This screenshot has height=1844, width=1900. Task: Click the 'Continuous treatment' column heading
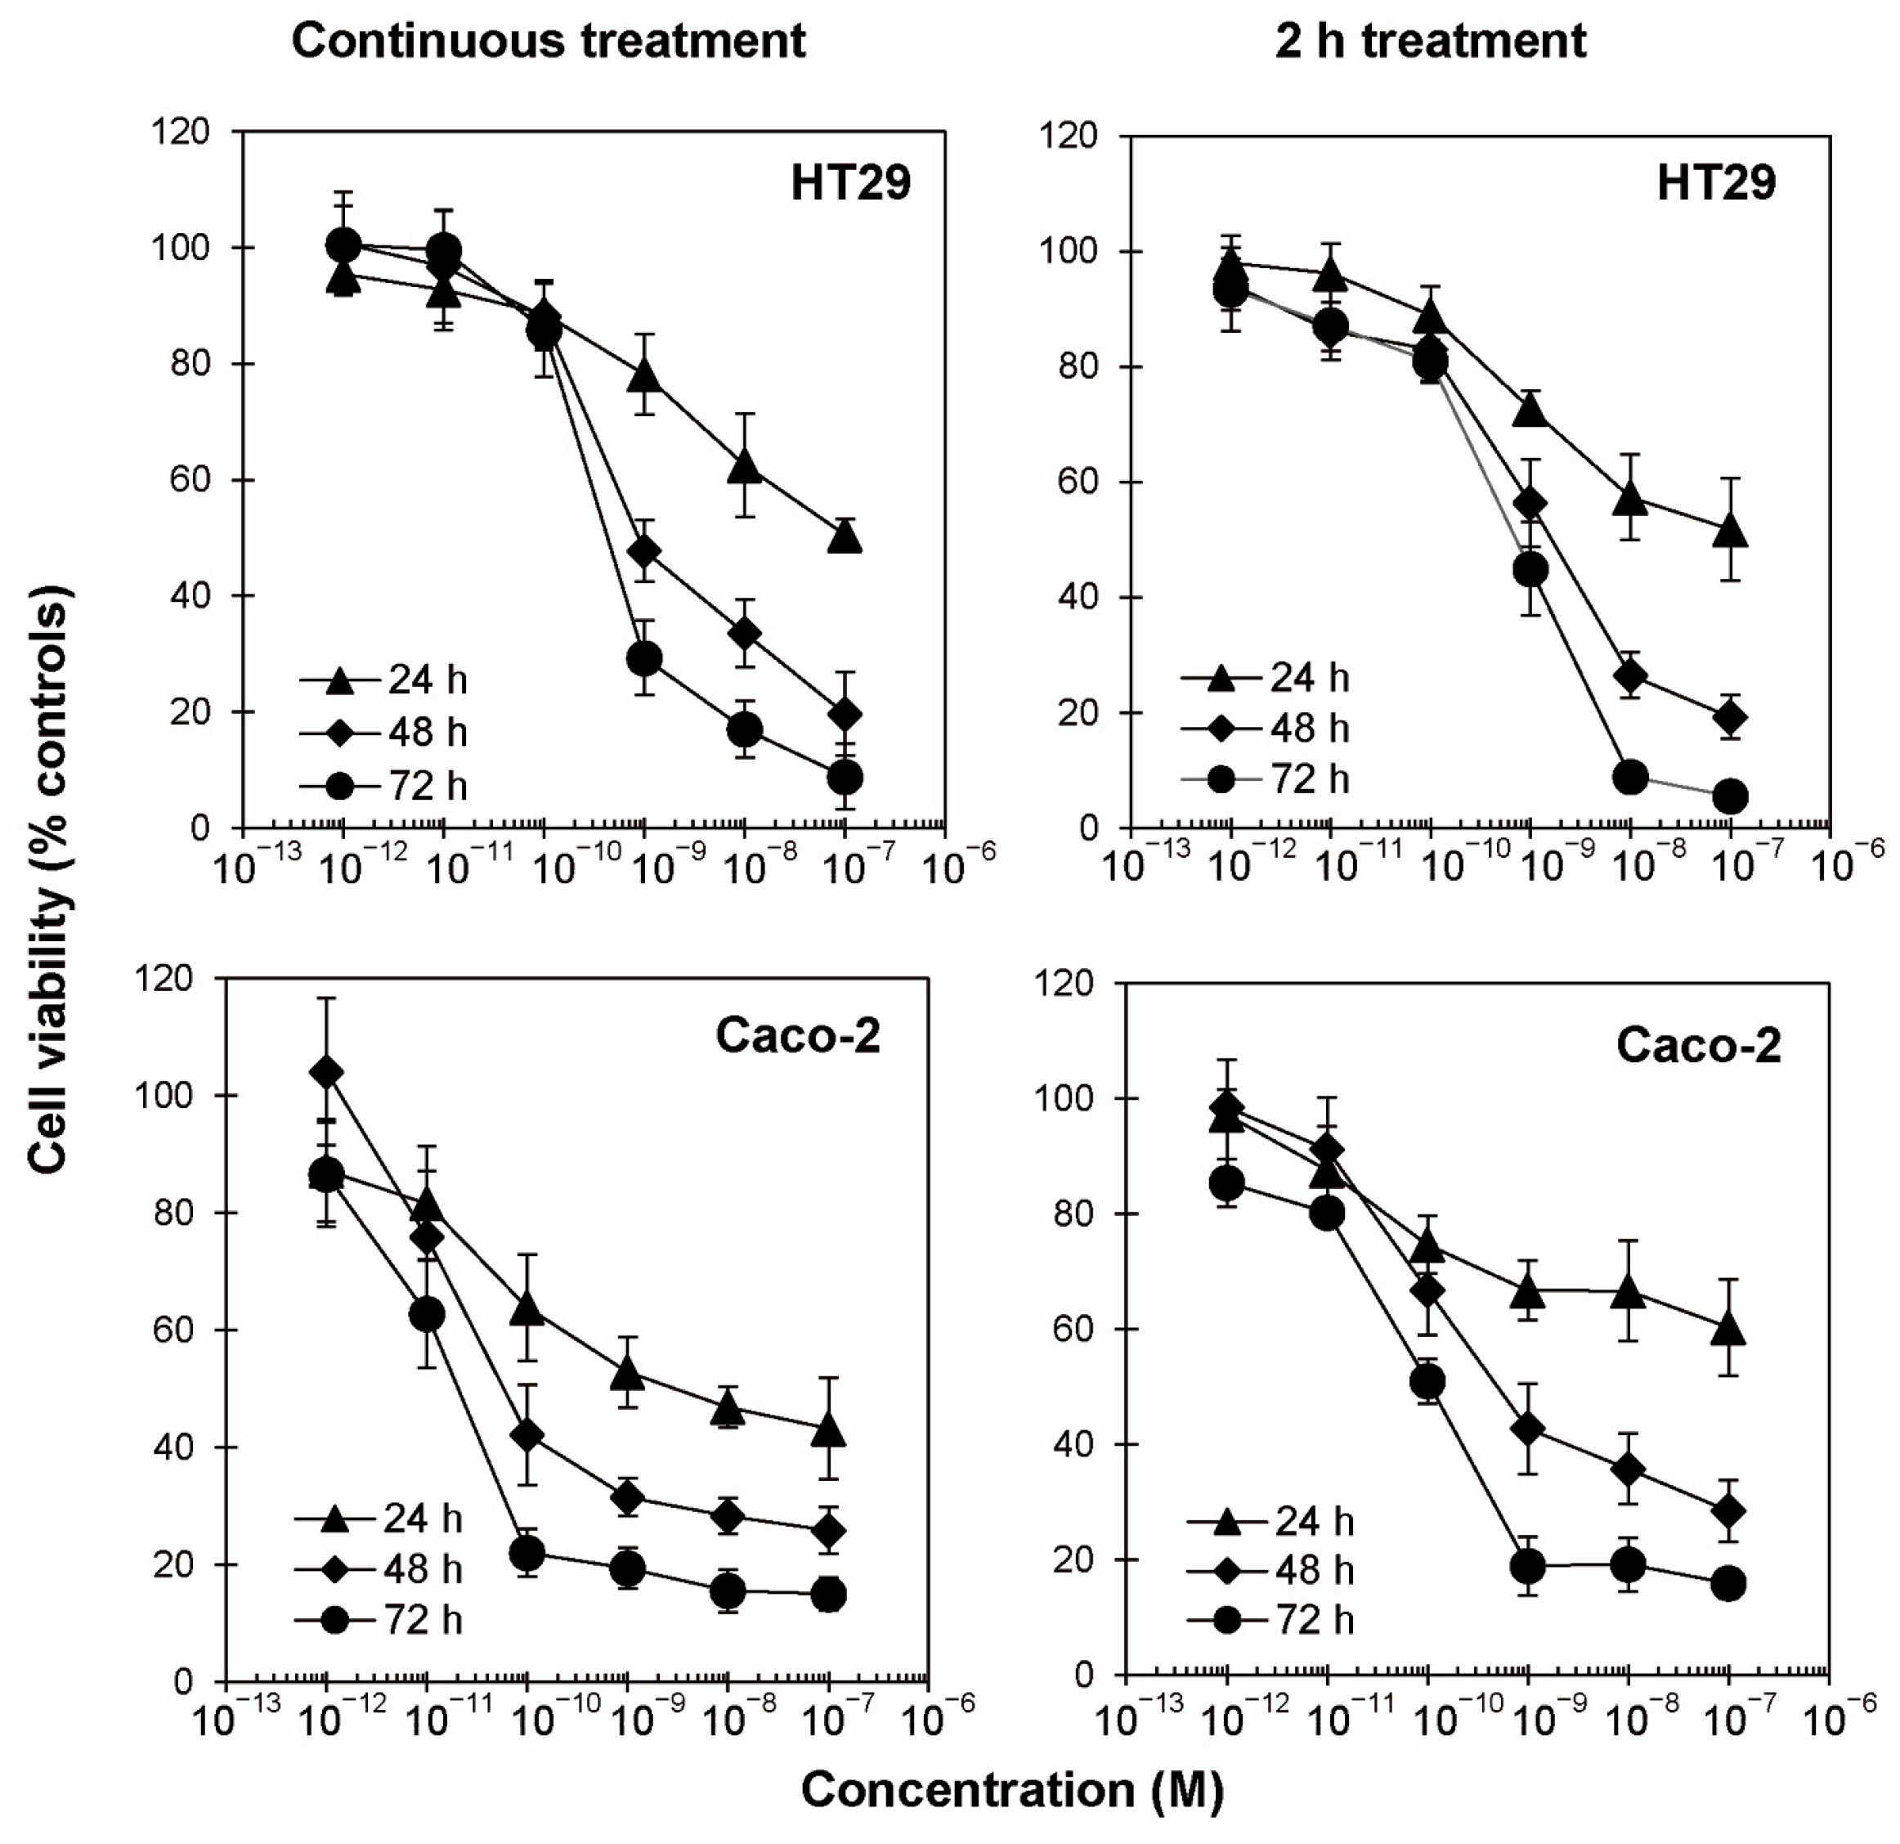[549, 42]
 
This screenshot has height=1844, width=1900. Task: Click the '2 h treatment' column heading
[1431, 42]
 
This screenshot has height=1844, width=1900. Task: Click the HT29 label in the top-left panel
[850, 182]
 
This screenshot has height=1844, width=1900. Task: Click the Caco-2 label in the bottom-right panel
[1698, 1045]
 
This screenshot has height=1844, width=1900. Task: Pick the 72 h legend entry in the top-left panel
[383, 785]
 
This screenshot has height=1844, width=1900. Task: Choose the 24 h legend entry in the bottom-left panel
[378, 1519]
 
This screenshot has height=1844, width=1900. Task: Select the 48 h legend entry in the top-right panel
[1265, 727]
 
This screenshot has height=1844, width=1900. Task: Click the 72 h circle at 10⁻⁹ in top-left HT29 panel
[644, 659]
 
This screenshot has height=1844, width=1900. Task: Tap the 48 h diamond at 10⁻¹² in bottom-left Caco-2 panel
[327, 1072]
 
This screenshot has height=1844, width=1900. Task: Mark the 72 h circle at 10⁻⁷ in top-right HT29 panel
[1730, 797]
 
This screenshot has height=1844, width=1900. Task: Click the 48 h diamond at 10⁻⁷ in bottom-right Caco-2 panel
[1728, 1511]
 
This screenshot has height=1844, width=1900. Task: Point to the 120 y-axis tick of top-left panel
[181, 132]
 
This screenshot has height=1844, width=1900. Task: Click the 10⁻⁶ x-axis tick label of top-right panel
[1848, 861]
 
